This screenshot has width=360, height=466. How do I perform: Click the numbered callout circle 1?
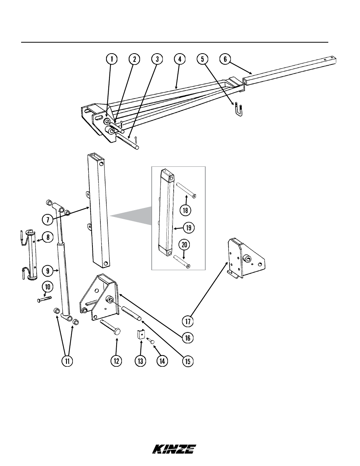(111, 59)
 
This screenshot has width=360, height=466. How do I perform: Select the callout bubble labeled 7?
(48, 220)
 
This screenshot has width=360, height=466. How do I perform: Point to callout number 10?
(48, 287)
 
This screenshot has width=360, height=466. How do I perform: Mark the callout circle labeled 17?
(188, 321)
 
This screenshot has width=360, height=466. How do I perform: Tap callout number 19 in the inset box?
(189, 228)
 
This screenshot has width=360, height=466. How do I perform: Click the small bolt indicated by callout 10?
(45, 299)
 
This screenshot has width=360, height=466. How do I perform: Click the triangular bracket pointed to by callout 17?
(246, 258)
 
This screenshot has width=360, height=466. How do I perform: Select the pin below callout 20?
(182, 261)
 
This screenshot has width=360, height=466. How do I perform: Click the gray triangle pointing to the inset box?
(131, 215)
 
